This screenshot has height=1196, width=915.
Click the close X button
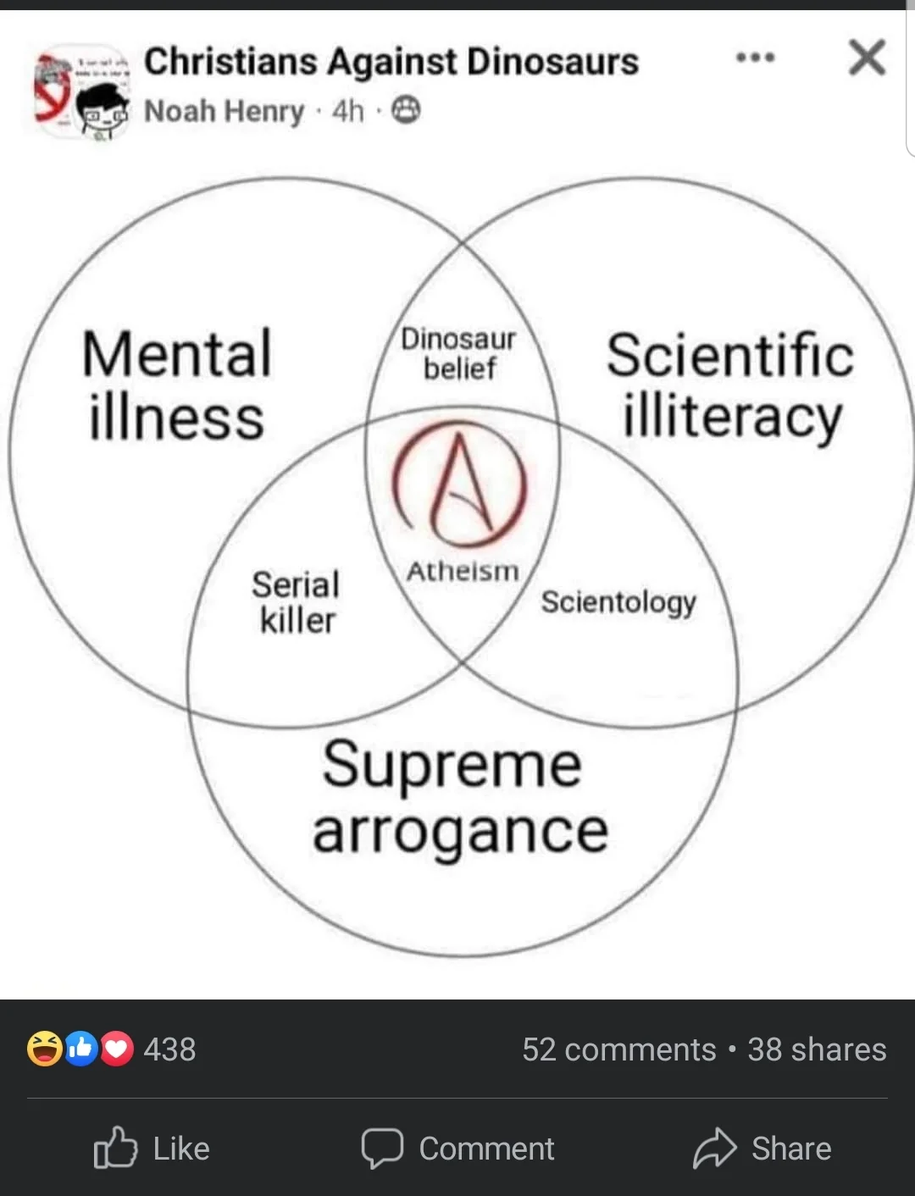tap(867, 58)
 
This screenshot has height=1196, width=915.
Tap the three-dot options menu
tap(755, 58)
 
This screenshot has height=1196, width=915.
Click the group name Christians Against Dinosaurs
tap(391, 62)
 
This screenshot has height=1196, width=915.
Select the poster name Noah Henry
tap(224, 111)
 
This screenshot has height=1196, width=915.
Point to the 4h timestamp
tap(347, 111)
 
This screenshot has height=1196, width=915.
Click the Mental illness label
tap(176, 385)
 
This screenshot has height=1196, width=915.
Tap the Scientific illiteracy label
tap(729, 385)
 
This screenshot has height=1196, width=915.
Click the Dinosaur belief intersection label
tap(458, 353)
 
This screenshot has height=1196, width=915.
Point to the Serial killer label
tap(296, 602)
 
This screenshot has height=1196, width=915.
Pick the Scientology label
tap(618, 602)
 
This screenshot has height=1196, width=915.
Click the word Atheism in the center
tap(462, 572)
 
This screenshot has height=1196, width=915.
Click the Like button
tap(152, 1149)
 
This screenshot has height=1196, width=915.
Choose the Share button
tap(762, 1149)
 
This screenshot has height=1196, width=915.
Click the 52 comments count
tap(618, 1049)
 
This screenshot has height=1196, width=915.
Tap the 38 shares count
tap(817, 1049)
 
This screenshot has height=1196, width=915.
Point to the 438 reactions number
tap(169, 1049)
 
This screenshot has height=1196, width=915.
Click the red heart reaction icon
tap(117, 1049)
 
